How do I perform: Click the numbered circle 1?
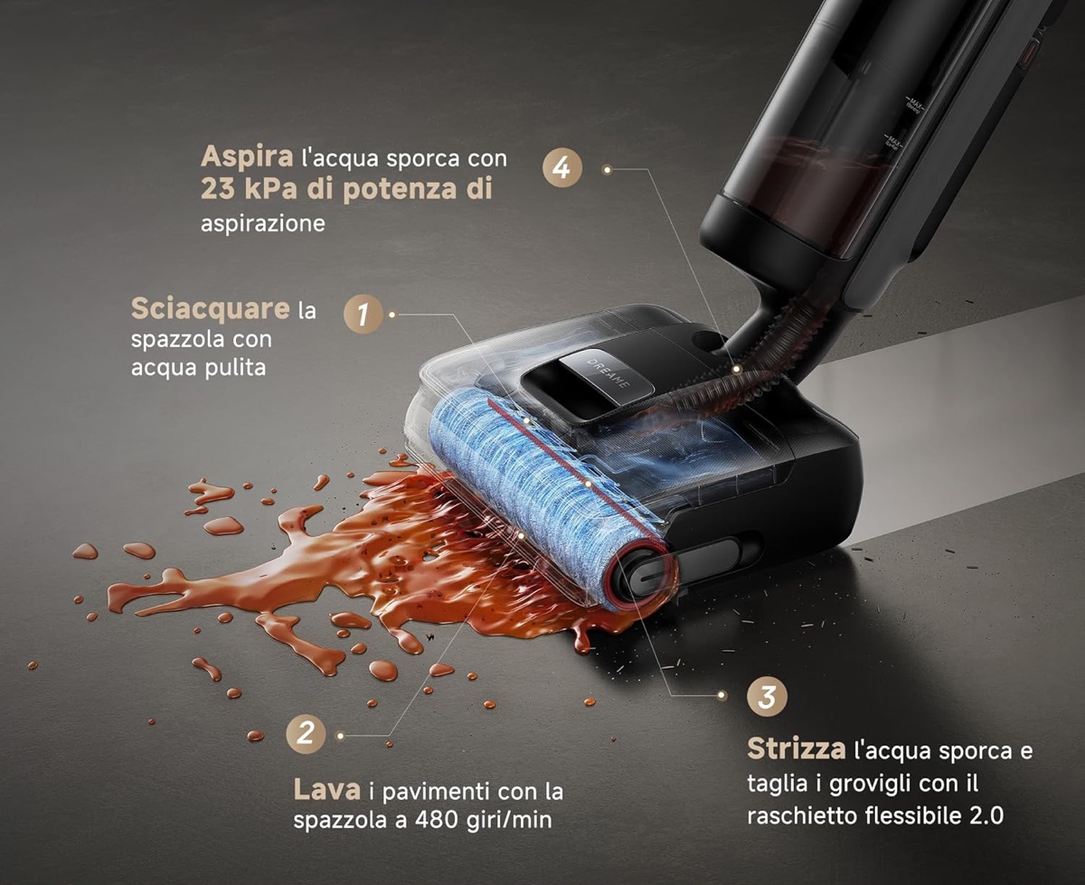(x=363, y=314)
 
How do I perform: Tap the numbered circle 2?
(x=306, y=733)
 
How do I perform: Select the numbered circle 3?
(x=768, y=697)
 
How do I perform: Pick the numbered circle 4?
(x=561, y=169)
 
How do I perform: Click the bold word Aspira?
(x=247, y=156)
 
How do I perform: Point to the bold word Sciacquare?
(x=209, y=309)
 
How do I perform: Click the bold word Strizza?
(x=796, y=749)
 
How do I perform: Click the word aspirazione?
(x=262, y=222)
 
